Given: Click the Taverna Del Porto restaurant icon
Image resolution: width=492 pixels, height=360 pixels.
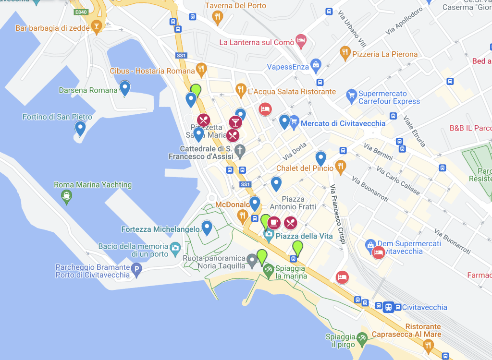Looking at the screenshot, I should click(x=218, y=18).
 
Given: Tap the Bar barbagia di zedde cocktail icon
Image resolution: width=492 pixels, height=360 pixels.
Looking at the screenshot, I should click(x=97, y=27).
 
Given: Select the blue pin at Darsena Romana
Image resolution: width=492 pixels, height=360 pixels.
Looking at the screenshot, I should click(x=125, y=88).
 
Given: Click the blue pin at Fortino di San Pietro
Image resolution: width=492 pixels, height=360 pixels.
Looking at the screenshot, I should click(x=80, y=128).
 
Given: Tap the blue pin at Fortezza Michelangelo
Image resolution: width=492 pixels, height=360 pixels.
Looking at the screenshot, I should click(x=207, y=227).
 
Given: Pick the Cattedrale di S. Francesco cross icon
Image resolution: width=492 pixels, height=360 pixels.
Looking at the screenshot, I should click(x=239, y=151).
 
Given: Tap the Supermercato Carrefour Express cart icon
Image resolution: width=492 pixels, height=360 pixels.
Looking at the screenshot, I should click(x=352, y=97).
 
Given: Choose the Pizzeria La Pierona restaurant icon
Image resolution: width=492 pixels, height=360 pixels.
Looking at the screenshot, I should click(x=345, y=53).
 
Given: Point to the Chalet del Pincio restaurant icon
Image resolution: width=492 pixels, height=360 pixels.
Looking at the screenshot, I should click(x=341, y=167).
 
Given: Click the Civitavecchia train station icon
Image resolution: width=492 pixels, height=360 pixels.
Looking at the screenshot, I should click(x=388, y=307).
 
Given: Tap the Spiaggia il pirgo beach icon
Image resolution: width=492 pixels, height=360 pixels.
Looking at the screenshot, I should click(x=362, y=338).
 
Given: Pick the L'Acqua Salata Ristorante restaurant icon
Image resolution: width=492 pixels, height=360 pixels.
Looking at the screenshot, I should click(x=241, y=90).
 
